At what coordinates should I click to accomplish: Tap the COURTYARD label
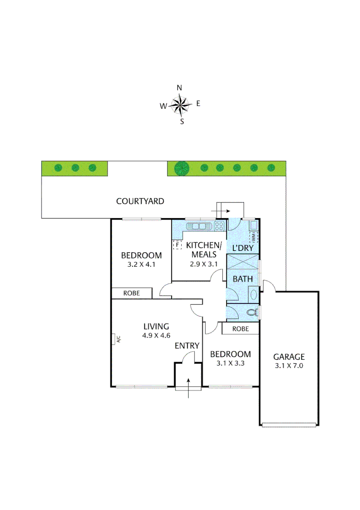140,201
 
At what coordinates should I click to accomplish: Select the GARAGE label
289,357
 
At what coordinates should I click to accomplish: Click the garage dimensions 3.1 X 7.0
289,365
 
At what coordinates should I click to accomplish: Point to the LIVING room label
156,326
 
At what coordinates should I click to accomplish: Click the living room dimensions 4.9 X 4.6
156,335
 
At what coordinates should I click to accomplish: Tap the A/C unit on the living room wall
116,339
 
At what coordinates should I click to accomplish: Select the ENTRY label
187,346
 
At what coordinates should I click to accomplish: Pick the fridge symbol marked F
177,245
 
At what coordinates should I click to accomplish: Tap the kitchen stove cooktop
219,226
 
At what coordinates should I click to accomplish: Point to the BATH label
243,279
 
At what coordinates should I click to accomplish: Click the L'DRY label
243,247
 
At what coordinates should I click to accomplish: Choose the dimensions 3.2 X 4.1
142,264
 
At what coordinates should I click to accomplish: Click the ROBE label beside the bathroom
241,329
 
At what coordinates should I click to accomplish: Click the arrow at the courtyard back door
224,211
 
